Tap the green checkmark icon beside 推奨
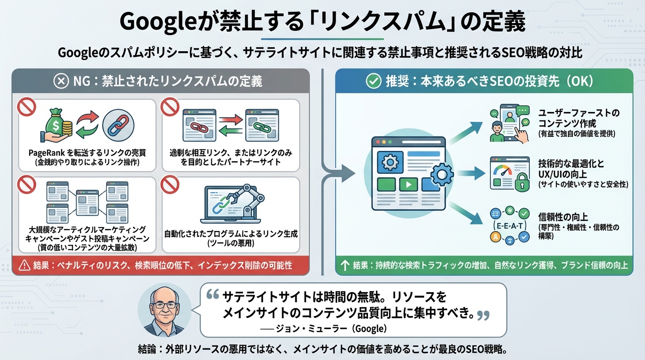coord(373,81)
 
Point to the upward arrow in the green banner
coord(345,266)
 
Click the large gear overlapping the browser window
coord(441,176)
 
